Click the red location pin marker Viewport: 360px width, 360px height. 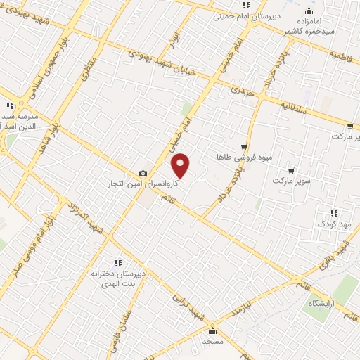[x=181, y=165]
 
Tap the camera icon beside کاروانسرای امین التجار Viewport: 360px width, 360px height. [x=143, y=173]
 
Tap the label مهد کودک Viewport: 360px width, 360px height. [x=335, y=223]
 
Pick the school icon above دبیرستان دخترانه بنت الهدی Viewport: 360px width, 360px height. [x=118, y=262]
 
